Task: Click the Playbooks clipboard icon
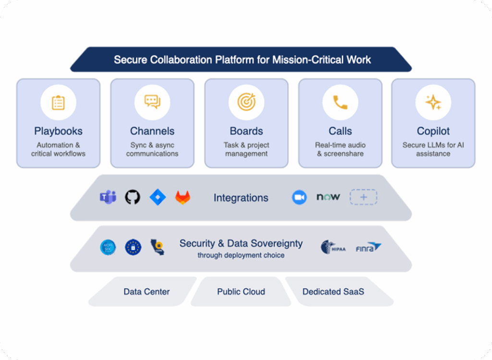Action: pyautogui.click(x=58, y=102)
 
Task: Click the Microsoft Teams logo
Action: pyautogui.click(x=108, y=197)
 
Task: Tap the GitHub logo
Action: pyautogui.click(x=133, y=197)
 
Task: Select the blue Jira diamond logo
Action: pyautogui.click(x=158, y=197)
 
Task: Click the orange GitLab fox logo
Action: pyautogui.click(x=183, y=197)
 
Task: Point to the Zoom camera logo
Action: pyautogui.click(x=299, y=197)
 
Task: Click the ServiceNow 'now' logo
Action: pyautogui.click(x=328, y=197)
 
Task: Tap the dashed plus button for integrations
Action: pyautogui.click(x=363, y=197)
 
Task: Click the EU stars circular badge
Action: pyautogui.click(x=133, y=247)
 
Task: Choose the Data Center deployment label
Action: pyautogui.click(x=147, y=292)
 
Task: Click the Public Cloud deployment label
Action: pyautogui.click(x=241, y=292)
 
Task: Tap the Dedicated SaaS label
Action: pyautogui.click(x=333, y=292)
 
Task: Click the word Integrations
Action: pyautogui.click(x=241, y=198)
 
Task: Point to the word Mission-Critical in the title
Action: pyautogui.click(x=307, y=60)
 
